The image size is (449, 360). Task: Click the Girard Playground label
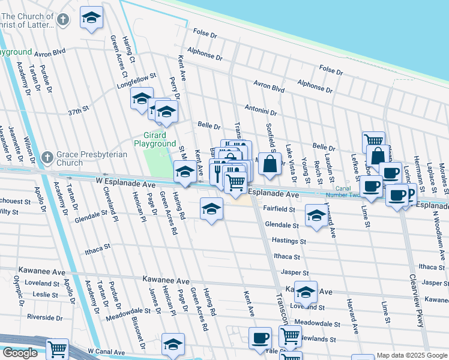point(155,140)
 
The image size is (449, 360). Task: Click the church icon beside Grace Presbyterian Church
point(47,158)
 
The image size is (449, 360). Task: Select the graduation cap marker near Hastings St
point(316,215)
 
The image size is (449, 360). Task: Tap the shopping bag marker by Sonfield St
point(271,163)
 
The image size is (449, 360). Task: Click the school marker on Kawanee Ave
point(306,292)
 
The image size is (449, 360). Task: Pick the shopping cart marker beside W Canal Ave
point(57,349)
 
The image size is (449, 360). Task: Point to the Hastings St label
point(289,241)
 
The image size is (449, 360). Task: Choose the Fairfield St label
point(279,209)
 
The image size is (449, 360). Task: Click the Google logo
point(19,353)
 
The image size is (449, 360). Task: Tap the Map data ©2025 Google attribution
point(412,355)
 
